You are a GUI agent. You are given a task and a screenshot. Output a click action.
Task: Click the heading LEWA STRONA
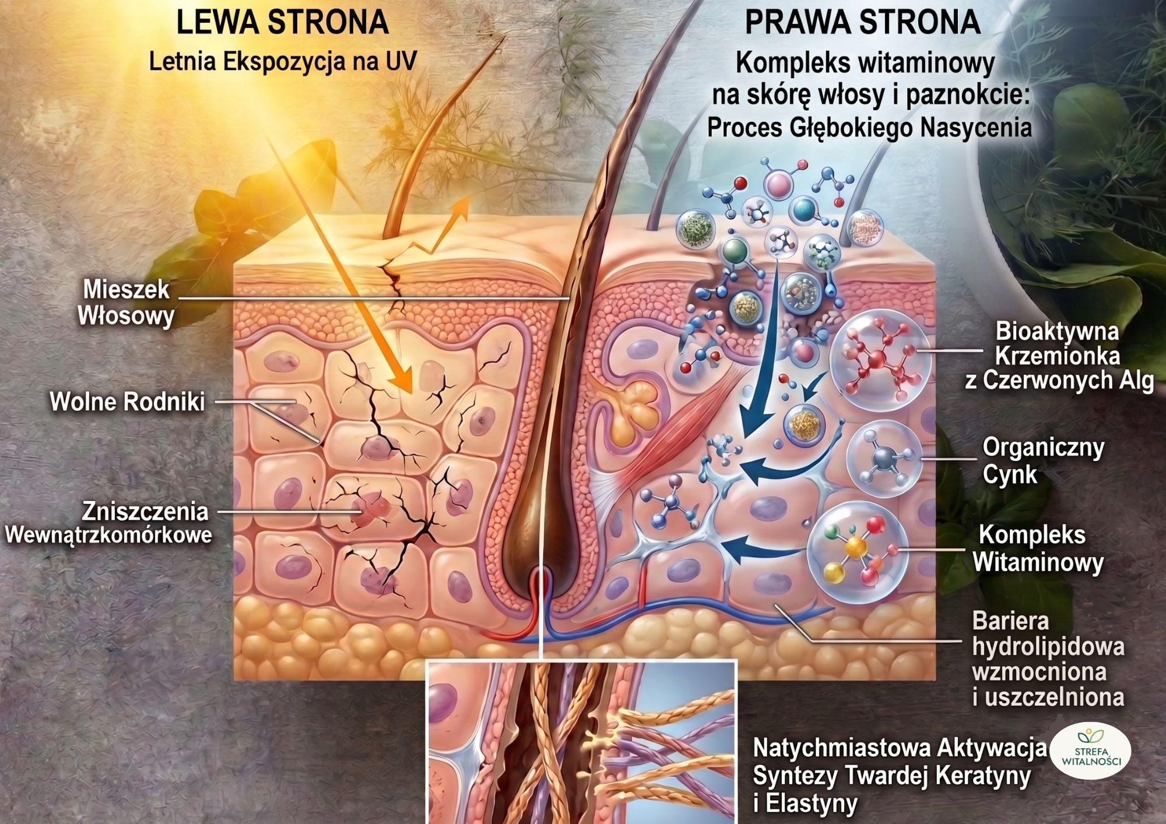pyautogui.click(x=282, y=23)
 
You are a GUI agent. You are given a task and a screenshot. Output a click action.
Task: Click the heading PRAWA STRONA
pyautogui.click(x=862, y=23)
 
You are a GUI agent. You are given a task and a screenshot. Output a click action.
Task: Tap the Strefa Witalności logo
pyautogui.click(x=1090, y=751)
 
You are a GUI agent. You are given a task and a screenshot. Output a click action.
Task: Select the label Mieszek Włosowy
pyautogui.click(x=126, y=302)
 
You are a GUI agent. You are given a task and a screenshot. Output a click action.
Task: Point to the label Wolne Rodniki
pyautogui.click(x=127, y=402)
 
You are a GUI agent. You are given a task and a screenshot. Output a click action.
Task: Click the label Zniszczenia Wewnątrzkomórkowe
pyautogui.click(x=108, y=523)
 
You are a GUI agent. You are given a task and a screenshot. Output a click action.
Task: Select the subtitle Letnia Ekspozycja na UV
pyautogui.click(x=283, y=62)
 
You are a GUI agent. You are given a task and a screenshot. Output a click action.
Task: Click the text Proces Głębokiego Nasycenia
pyautogui.click(x=869, y=128)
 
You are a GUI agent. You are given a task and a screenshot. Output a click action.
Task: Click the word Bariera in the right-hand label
pyautogui.click(x=1010, y=621)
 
